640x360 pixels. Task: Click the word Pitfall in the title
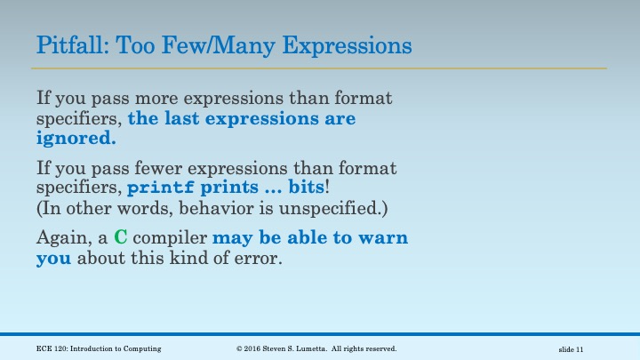63,44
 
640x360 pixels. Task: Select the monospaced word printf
159,188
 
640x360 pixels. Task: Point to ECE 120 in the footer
52,348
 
